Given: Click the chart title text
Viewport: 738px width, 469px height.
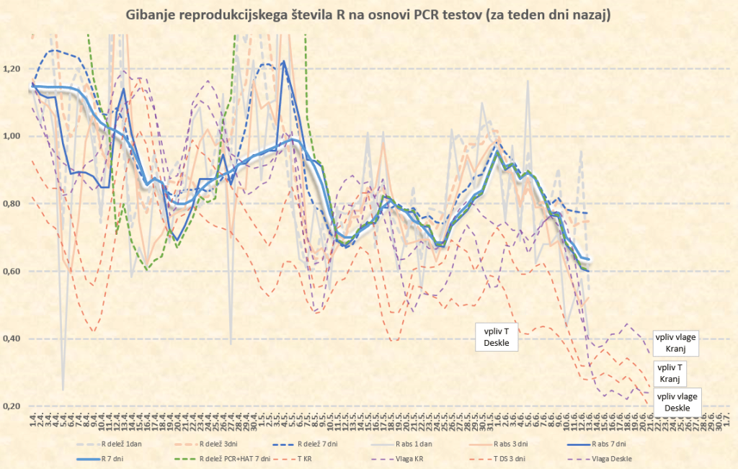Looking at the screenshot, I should (368, 15).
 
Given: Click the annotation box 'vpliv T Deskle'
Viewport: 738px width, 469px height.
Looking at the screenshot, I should (496, 337).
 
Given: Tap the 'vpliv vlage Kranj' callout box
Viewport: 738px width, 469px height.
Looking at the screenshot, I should (677, 343).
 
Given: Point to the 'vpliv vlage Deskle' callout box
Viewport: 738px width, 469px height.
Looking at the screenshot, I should (677, 402).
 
